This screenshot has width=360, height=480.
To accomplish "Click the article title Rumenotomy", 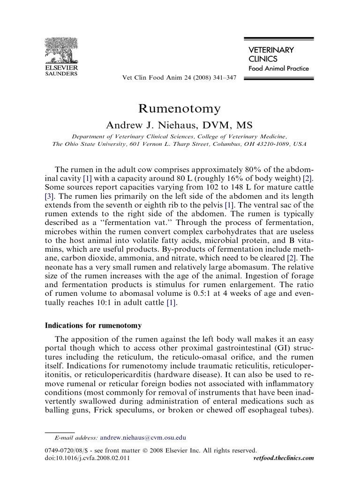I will pos(180,109).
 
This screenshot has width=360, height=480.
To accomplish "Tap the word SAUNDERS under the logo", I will pos(61,74).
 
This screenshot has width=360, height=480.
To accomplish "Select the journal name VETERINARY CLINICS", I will pos(271,54).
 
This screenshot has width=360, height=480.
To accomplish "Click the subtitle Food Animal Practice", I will pos(278,68).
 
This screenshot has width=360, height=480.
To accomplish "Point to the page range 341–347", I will pos(224,78).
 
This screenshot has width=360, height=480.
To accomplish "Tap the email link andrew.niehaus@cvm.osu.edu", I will pos(143,438).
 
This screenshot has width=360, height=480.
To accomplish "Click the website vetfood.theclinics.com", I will pos(283,457).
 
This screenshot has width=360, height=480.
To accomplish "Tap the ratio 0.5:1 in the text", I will pos(198,294).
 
